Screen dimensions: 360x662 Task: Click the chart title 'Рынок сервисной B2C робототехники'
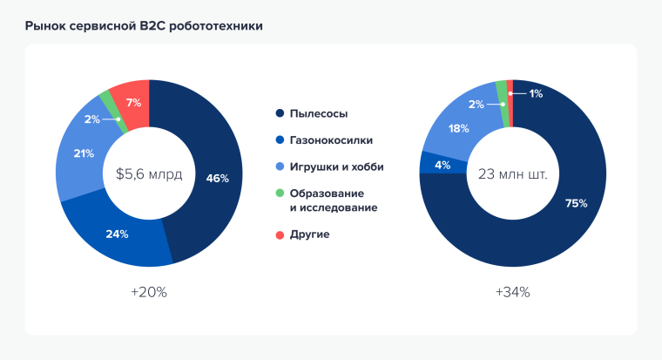point(144,26)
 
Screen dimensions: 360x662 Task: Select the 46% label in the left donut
point(217,179)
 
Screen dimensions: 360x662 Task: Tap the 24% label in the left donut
point(118,234)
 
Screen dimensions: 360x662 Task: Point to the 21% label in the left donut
point(84,153)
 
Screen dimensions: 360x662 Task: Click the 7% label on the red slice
point(133,102)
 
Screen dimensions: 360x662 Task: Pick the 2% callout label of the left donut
point(91,119)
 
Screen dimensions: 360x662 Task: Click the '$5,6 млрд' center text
point(149,174)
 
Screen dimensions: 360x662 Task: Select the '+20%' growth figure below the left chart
point(149,292)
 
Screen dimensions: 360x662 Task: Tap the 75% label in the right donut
point(576,203)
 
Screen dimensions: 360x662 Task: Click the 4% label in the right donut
point(442,164)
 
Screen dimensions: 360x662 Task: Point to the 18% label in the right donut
point(458,129)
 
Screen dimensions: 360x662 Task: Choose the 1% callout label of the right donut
point(535,93)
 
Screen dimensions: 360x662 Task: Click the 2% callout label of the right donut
point(476,105)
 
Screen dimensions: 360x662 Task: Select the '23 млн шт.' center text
point(513,174)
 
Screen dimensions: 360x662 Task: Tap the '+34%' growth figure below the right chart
point(513,292)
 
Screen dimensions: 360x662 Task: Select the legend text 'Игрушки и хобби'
point(336,166)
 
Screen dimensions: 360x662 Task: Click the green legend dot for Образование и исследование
point(279,193)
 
